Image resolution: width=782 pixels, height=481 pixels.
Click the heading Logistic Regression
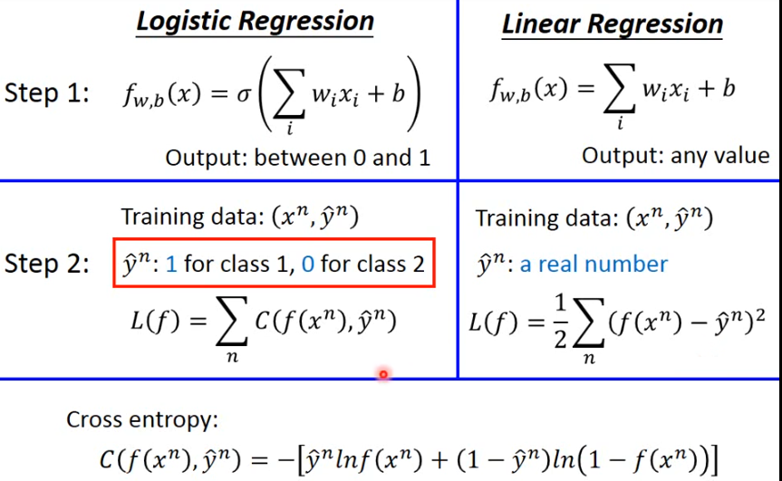pyautogui.click(x=255, y=21)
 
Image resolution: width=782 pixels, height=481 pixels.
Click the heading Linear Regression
pyautogui.click(x=613, y=24)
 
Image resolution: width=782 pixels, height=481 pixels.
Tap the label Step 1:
pyautogui.click(x=46, y=94)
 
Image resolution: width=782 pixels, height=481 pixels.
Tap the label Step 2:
pyautogui.click(x=46, y=264)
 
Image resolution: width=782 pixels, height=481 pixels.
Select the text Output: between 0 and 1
pyautogui.click(x=297, y=158)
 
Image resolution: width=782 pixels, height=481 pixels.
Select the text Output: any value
pyautogui.click(x=675, y=156)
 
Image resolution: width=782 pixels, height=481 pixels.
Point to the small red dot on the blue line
pyautogui.click(x=383, y=373)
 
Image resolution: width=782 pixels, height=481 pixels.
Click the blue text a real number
pyautogui.click(x=594, y=265)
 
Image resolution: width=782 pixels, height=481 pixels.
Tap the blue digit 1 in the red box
pyautogui.click(x=171, y=265)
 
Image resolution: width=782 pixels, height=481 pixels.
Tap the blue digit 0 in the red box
pyautogui.click(x=308, y=265)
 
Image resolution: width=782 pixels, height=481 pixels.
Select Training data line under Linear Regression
pyautogui.click(x=594, y=218)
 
